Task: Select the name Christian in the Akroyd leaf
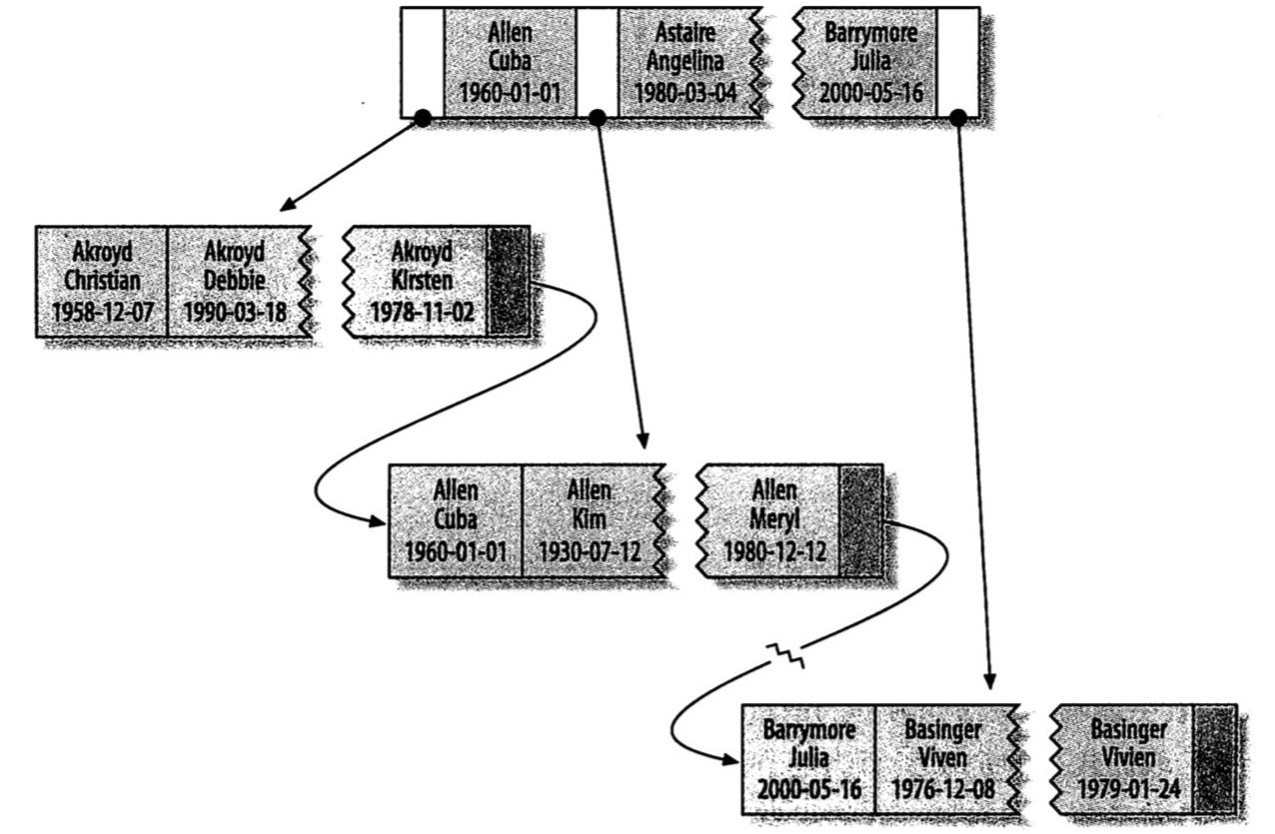(x=102, y=281)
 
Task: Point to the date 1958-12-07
(x=102, y=312)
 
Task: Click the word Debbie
(x=235, y=281)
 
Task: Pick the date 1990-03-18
(x=235, y=312)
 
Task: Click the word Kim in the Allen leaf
(x=590, y=519)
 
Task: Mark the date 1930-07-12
(x=590, y=550)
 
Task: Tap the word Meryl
(x=774, y=519)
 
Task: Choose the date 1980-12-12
(x=774, y=550)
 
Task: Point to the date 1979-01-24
(x=1129, y=789)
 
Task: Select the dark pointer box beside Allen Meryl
(x=860, y=519)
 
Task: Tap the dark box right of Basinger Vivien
(x=1215, y=759)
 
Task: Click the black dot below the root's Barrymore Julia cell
(x=957, y=119)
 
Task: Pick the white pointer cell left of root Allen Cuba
(x=422, y=63)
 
